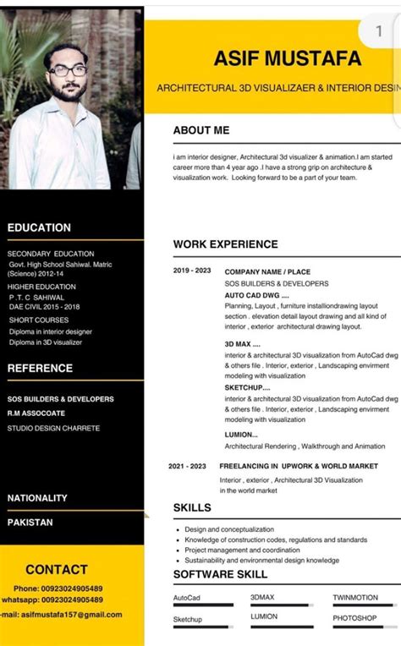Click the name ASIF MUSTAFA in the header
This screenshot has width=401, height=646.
[287, 58]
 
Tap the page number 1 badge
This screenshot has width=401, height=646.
[378, 31]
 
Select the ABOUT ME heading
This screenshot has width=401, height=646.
[201, 130]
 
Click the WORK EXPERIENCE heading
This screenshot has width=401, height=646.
[225, 244]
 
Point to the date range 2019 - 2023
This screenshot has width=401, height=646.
[192, 271]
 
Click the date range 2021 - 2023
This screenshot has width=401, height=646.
[187, 466]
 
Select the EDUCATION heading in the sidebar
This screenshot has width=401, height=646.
[39, 227]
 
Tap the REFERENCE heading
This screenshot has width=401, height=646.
[40, 368]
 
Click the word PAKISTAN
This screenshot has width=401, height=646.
[30, 522]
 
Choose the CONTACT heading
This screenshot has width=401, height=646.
[57, 570]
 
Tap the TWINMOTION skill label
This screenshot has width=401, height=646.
[354, 597]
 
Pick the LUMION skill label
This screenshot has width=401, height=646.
[264, 617]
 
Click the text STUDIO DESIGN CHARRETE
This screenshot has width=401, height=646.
[53, 428]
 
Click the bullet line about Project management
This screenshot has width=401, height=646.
[242, 550]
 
